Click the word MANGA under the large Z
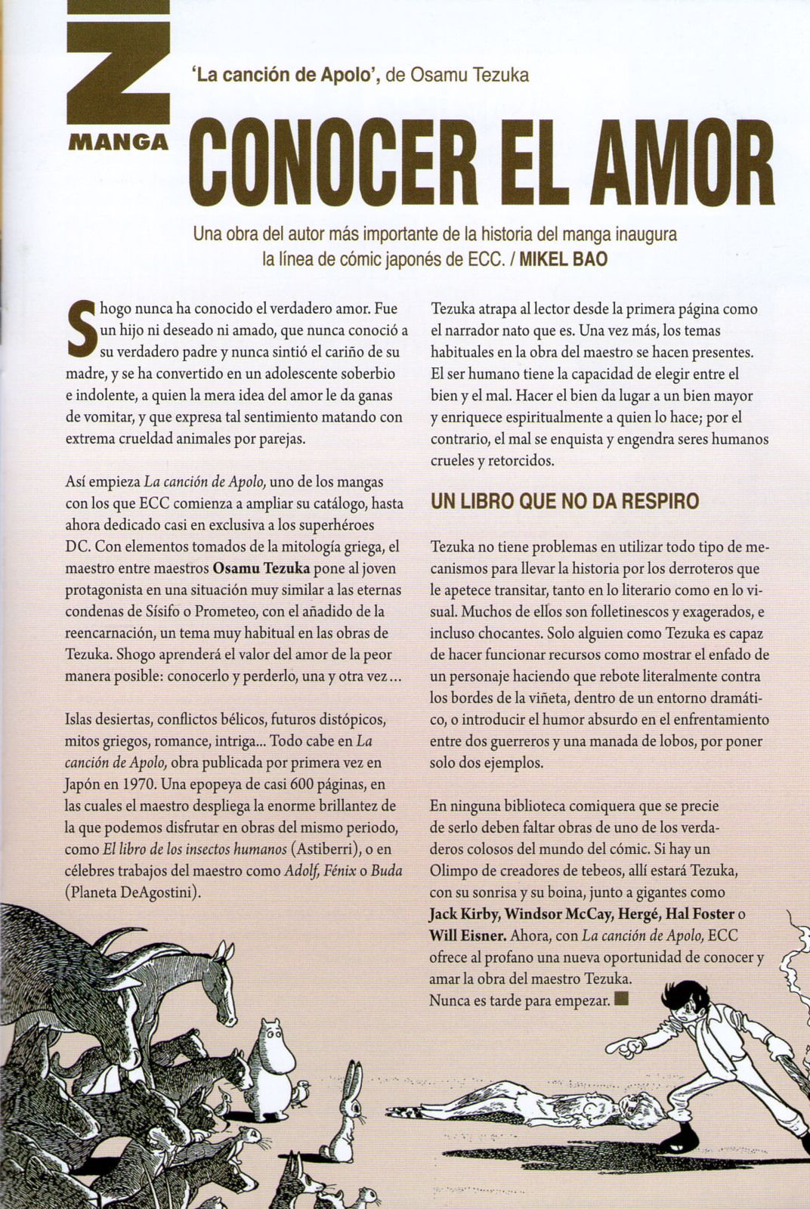(x=117, y=143)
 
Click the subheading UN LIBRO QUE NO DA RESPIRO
(x=564, y=501)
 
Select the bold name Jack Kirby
(x=463, y=914)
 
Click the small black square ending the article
(x=622, y=1000)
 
